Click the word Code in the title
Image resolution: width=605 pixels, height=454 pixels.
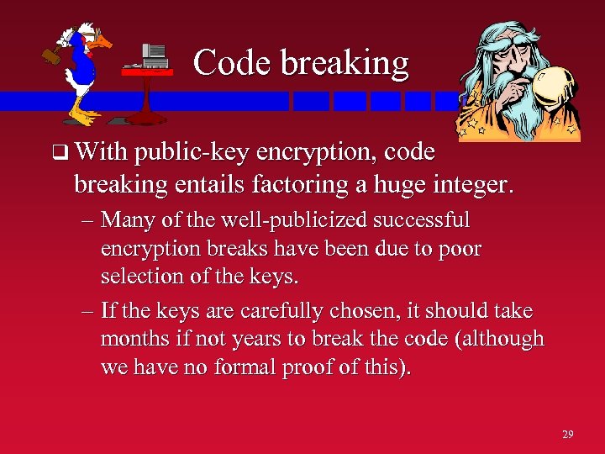tap(226, 63)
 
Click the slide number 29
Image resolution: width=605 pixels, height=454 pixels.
tap(568, 434)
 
